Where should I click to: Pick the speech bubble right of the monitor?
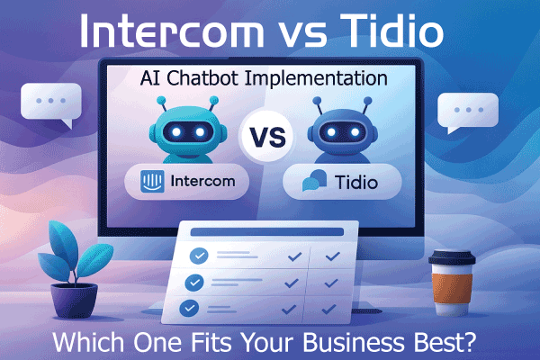point(466,112)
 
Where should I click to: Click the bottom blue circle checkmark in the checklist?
point(189,308)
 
